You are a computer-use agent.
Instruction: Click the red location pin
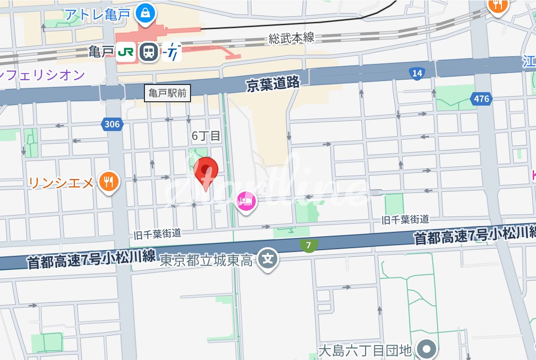tap(206, 171)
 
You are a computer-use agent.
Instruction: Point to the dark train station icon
tap(149, 52)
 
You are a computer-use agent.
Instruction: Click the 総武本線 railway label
tap(291, 38)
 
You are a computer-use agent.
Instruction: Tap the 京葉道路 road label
tap(273, 84)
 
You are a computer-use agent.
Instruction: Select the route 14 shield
tap(417, 73)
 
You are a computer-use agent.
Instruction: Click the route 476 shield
tap(481, 99)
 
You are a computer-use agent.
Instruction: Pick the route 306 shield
tap(112, 124)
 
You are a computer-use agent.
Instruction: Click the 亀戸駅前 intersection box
tap(167, 93)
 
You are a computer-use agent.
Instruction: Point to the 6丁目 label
tap(206, 136)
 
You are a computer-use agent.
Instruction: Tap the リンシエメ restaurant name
tap(61, 182)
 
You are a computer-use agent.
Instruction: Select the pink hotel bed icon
tap(247, 199)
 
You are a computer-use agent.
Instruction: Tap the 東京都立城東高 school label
tap(206, 260)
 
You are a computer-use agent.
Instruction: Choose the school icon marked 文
tap(269, 259)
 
